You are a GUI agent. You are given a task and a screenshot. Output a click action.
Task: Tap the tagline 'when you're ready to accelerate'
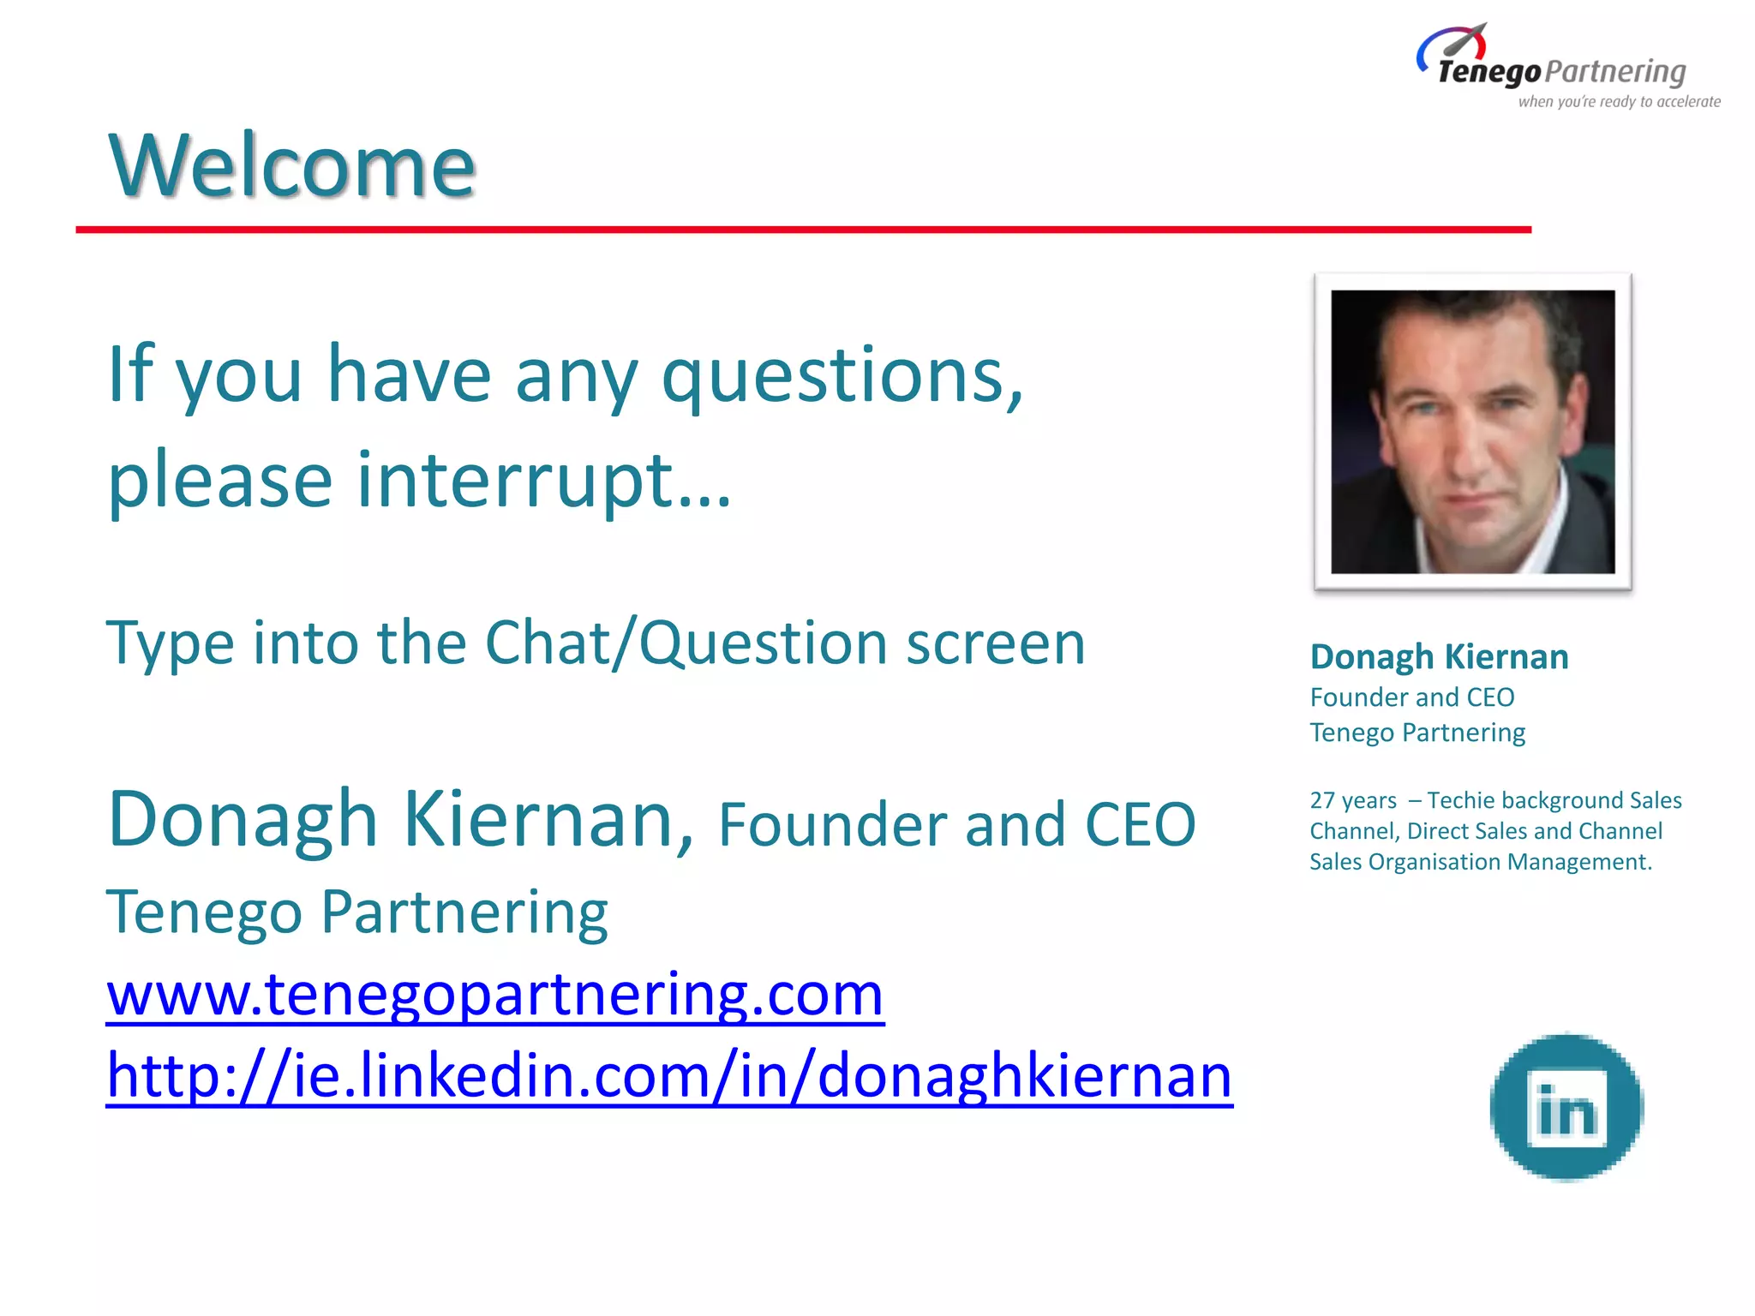tap(1619, 102)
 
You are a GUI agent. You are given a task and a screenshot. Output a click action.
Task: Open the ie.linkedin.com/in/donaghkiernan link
tap(669, 1075)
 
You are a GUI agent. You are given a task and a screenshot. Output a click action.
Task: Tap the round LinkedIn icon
tap(1566, 1108)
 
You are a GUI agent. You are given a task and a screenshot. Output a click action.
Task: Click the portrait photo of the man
tap(1472, 432)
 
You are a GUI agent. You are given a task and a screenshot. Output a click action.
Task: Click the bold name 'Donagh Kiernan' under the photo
tap(1439, 657)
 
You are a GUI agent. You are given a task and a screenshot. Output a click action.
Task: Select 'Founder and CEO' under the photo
tap(1411, 697)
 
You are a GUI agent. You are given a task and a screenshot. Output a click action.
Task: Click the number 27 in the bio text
tap(1321, 800)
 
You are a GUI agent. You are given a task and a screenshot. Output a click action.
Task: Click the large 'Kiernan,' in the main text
tap(548, 820)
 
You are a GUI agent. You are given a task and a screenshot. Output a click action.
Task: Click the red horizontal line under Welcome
tap(803, 230)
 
